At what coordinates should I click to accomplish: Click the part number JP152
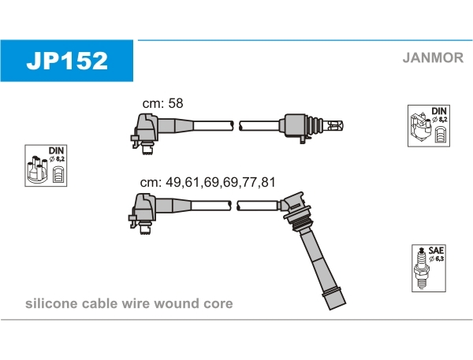[67, 61]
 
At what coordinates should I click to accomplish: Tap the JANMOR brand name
[433, 58]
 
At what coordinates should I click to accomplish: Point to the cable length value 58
[176, 103]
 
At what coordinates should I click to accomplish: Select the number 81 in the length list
[268, 183]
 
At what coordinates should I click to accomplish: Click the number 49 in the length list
[173, 183]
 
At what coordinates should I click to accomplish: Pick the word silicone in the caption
[51, 303]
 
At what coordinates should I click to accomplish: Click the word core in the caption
[218, 303]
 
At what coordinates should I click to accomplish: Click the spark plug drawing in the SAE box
[421, 268]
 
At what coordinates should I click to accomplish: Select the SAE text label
[436, 251]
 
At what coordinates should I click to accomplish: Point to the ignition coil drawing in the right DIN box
[420, 128]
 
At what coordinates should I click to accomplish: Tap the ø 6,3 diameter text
[436, 258]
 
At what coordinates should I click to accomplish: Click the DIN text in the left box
[57, 150]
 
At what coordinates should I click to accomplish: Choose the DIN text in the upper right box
[439, 110]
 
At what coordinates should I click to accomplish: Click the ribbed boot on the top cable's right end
[315, 126]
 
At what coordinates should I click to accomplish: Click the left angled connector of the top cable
[145, 132]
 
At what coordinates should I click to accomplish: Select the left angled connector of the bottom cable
[143, 213]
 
